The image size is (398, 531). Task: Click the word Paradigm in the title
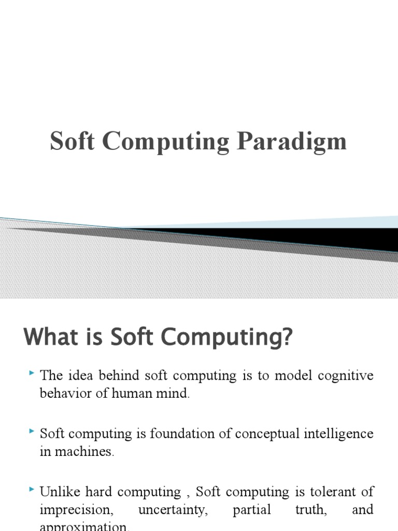292,142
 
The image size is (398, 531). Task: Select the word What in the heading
48,338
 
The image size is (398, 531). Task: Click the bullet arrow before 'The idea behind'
32,373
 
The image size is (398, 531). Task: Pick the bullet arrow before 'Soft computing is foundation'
32,431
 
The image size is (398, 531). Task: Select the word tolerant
326,492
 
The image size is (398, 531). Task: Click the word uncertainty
173,510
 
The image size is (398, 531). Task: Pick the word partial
252,510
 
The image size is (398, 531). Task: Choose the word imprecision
76,510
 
